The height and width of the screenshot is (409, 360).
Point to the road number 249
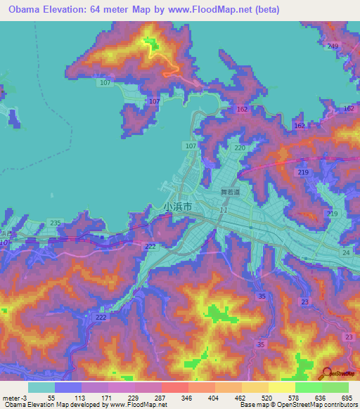point(333,46)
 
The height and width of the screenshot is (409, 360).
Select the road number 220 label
point(240,148)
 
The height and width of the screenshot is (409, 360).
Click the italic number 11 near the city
point(223,210)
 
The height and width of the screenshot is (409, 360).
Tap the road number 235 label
point(56,223)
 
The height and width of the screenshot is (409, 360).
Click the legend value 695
point(347,398)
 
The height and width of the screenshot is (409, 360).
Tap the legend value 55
point(51,398)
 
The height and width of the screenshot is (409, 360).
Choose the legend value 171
point(105,398)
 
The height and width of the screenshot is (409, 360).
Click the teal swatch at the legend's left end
point(41,387)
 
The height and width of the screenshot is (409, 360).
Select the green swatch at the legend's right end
point(335,387)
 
